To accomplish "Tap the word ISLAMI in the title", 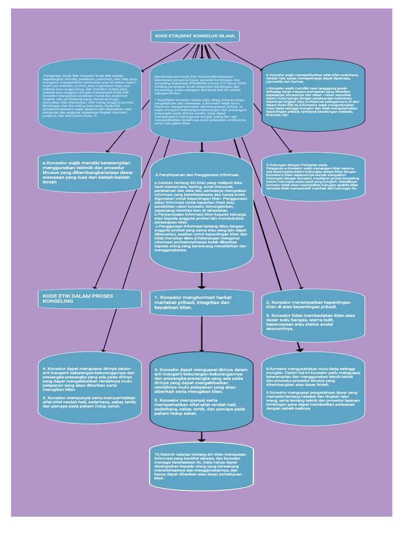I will coord(227,36).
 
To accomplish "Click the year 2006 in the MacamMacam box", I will coord(241,83).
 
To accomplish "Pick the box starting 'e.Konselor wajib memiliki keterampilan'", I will coord(89,172).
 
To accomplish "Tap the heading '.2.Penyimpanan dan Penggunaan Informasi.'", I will coord(197,174).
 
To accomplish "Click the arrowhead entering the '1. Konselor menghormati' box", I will coord(201,286).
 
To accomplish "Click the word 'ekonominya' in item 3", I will coord(280,328).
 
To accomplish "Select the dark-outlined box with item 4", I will coord(201,391).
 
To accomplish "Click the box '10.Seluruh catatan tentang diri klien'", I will coord(201,466).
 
